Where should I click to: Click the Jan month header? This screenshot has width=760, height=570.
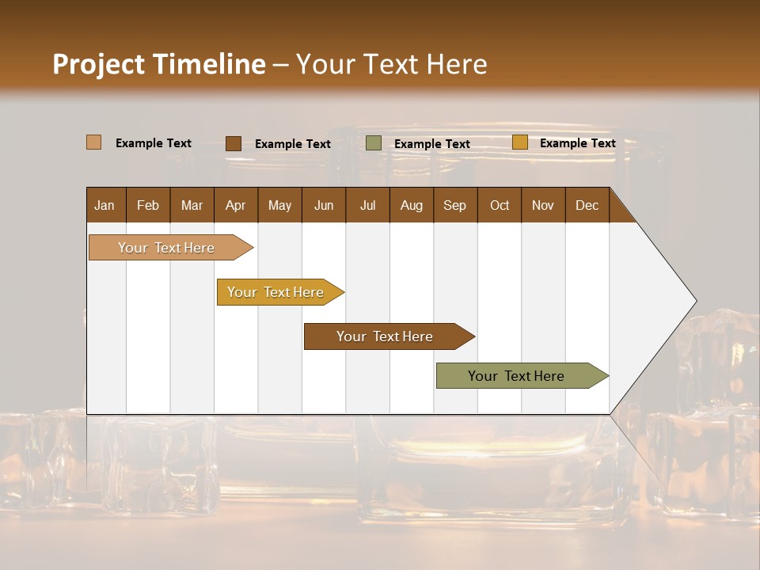pyautogui.click(x=104, y=205)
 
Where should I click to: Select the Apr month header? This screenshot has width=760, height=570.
pyautogui.click(x=235, y=205)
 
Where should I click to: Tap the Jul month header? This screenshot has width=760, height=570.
pyautogui.click(x=367, y=205)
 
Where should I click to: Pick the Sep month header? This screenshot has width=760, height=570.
pyautogui.click(x=454, y=205)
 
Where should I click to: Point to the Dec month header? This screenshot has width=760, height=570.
pyautogui.click(x=587, y=205)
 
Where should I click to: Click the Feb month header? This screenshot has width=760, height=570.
pyautogui.click(x=148, y=205)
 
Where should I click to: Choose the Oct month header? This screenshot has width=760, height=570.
pyautogui.click(x=500, y=205)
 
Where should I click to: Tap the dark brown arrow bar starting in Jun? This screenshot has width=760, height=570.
pyautogui.click(x=386, y=336)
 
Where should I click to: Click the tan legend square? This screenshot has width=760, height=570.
pyautogui.click(x=93, y=142)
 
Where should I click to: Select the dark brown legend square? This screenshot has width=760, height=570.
pyautogui.click(x=233, y=143)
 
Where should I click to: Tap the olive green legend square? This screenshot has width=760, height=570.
pyautogui.click(x=374, y=143)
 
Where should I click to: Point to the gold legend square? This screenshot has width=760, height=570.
pyautogui.click(x=519, y=142)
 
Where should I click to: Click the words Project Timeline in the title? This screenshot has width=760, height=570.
pyautogui.click(x=158, y=64)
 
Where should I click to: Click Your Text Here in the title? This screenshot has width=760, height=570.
pyautogui.click(x=391, y=64)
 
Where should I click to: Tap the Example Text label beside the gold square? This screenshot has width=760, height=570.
pyautogui.click(x=577, y=143)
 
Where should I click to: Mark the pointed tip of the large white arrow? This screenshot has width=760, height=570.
pyautogui.click(x=694, y=301)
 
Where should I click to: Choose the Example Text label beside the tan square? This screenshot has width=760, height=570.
pyautogui.click(x=154, y=143)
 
